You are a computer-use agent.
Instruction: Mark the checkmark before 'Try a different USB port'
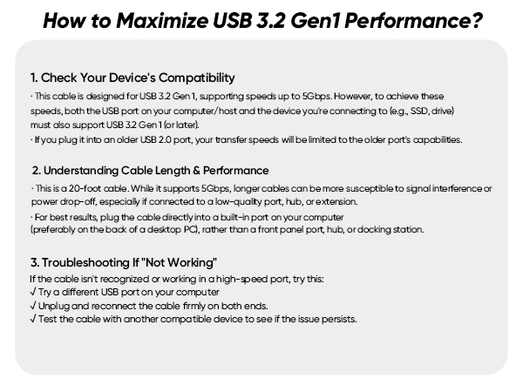[32, 292]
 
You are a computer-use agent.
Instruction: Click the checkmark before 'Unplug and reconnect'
[32, 305]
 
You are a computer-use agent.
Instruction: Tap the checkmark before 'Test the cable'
[32, 318]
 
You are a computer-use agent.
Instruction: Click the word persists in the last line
[336, 318]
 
